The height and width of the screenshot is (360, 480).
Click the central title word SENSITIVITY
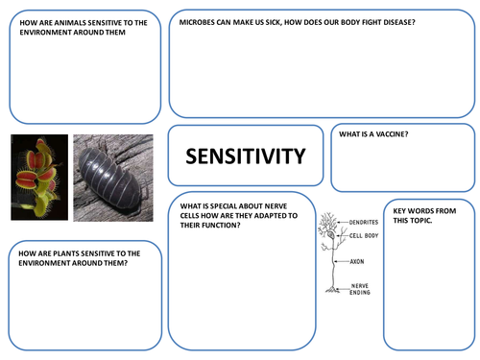click(x=245, y=156)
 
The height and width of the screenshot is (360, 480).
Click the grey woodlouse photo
click(x=113, y=173)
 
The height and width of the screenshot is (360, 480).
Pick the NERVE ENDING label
click(x=359, y=288)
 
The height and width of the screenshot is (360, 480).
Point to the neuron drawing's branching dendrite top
click(x=329, y=222)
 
